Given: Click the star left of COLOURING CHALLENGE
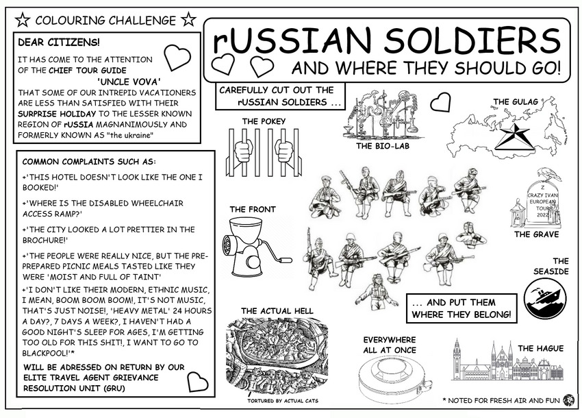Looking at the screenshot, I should point(23,19).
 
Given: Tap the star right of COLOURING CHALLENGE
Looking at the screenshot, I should point(189,19).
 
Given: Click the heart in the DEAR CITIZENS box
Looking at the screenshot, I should point(177,58).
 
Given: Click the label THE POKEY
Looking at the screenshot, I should point(264,121).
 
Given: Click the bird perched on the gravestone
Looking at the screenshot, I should point(546,174).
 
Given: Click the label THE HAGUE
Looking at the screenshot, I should point(540,349).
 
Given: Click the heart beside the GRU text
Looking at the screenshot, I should point(198,381).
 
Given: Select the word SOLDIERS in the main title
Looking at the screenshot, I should point(470,42).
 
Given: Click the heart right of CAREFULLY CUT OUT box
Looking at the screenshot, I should point(440,102).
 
